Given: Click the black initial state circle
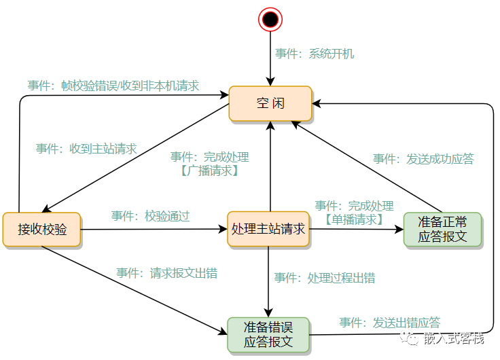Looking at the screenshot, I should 270,20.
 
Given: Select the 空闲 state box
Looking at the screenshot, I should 270,104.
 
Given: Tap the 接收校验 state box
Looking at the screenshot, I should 42,230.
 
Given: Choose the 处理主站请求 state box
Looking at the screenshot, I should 268,229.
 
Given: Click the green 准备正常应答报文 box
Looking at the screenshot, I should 442,230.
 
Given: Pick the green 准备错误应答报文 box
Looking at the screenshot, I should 268,335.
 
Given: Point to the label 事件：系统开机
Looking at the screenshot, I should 315,54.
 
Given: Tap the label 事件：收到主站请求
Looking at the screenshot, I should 86,149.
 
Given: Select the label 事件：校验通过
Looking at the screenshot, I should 150,216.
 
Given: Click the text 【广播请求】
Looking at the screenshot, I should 210,171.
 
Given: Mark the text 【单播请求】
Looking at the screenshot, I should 354,219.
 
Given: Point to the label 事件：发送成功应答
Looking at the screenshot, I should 423,159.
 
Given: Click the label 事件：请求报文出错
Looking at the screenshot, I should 166,273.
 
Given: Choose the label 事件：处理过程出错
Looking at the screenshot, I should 324,278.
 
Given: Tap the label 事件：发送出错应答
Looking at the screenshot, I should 389,322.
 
